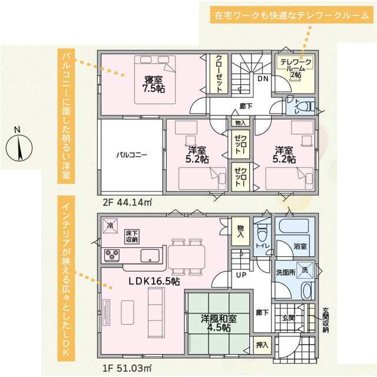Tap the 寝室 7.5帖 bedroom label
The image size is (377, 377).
tap(154, 84)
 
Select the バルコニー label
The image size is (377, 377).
tap(132, 154)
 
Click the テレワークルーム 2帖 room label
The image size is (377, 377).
tap(296, 68)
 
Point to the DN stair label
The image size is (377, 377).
tap(263, 78)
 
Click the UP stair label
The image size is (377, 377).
tap(241, 275)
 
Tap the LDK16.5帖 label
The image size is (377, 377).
tap(154, 281)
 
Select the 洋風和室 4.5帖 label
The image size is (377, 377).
tap(219, 323)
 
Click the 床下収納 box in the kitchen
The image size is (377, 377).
tap(132, 237)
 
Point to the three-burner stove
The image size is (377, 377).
tap(112, 255)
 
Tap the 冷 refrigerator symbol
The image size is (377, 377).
tap(110, 226)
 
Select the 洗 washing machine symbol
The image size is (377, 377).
tap(305, 270)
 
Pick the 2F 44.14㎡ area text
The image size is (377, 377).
tap(127, 203)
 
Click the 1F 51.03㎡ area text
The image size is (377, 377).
tap(127, 368)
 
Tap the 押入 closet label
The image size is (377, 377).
tap(262, 345)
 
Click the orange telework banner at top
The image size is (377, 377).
tap(292, 15)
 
